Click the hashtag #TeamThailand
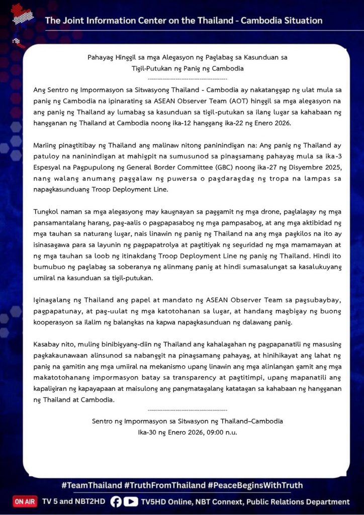[92, 485]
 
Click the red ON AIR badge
[25, 501]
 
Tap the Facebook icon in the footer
[116, 501]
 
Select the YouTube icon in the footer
[131, 501]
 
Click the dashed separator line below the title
[188, 78]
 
